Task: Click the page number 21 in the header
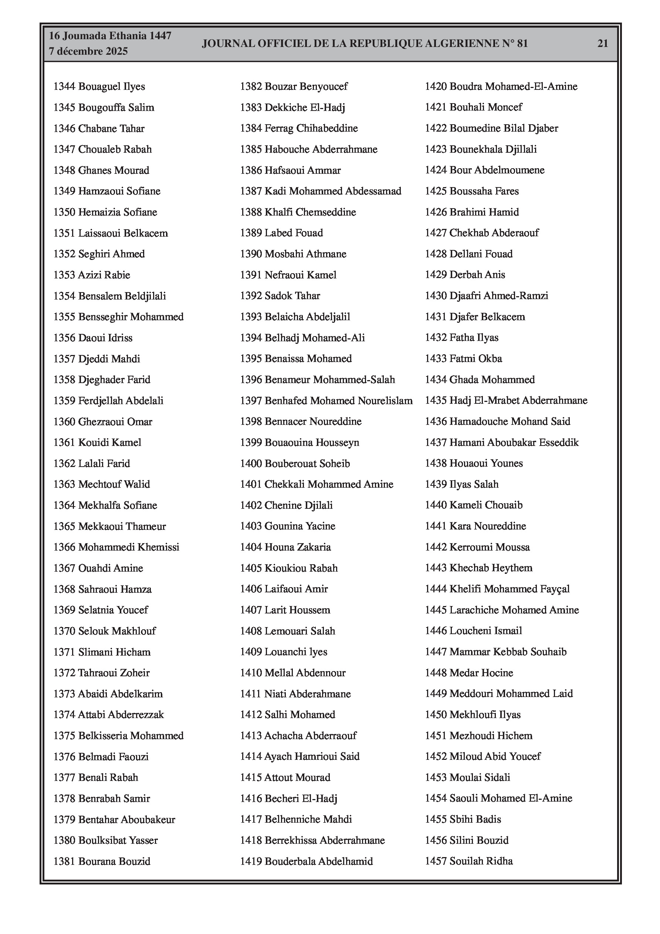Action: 603,44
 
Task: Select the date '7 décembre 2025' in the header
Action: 88,51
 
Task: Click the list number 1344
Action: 64,87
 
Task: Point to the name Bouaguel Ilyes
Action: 112,87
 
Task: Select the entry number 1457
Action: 436,861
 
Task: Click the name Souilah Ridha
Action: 481,861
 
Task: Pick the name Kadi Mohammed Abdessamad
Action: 333,191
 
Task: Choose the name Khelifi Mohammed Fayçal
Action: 510,589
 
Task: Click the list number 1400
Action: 251,463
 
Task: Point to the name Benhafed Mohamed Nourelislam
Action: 339,401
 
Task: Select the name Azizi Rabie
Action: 104,275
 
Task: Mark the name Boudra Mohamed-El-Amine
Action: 513,87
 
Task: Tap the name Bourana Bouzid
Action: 114,861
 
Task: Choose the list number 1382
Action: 251,87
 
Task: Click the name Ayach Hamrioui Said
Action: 312,756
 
